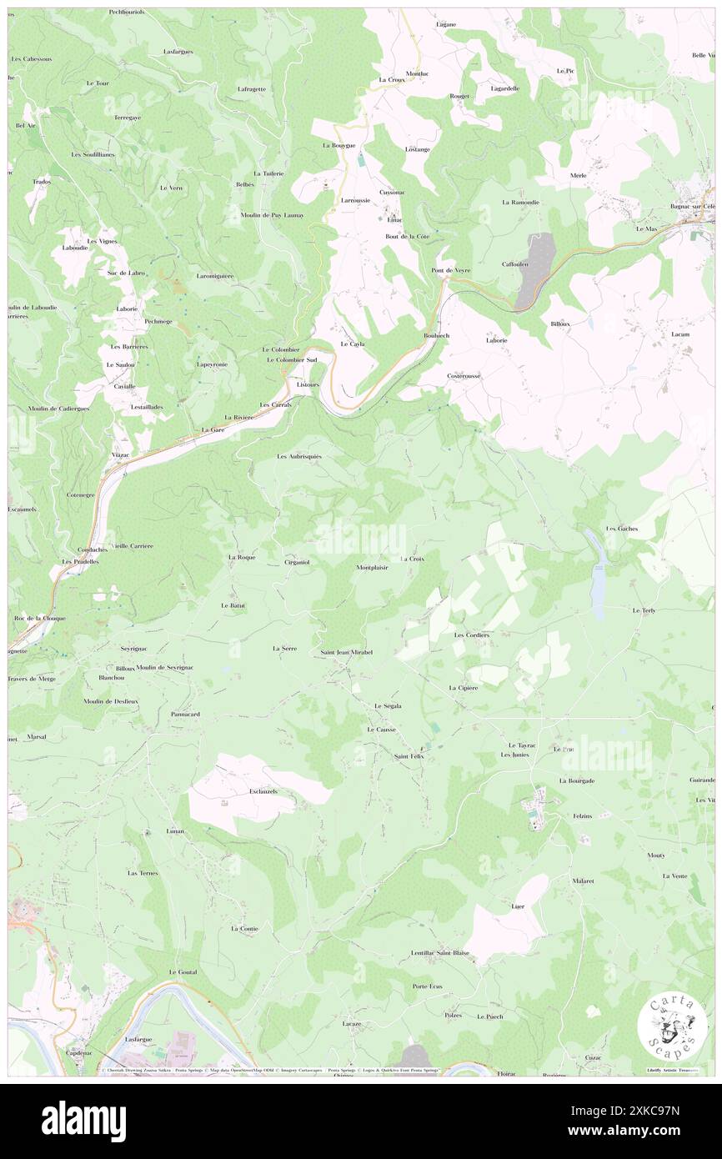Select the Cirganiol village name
[x=297, y=562]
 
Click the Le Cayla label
[x=353, y=344]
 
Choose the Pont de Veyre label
[x=450, y=270]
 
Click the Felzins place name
[x=582, y=816]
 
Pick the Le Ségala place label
[x=388, y=706]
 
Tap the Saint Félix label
[x=409, y=756]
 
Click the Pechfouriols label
[x=127, y=13]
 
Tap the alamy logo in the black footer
[x=83, y=1121]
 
